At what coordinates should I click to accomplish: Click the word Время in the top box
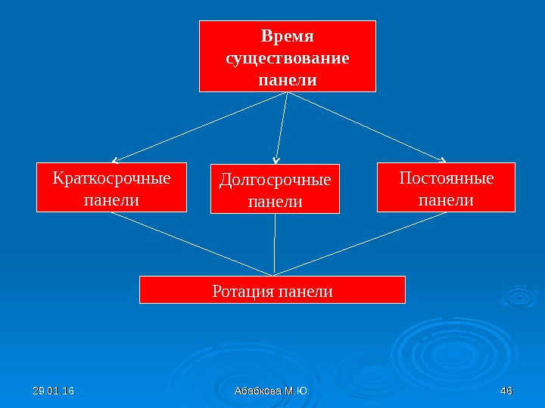coord(287,36)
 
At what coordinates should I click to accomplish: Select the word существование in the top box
coord(288,57)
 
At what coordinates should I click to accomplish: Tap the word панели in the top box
coord(288,79)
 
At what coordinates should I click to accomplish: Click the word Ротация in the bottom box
coord(243,290)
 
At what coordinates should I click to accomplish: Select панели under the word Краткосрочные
coord(111,200)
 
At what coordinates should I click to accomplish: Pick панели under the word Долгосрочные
coord(275,202)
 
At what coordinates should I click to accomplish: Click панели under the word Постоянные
coord(446,200)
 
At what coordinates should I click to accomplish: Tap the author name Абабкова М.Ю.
coord(272,391)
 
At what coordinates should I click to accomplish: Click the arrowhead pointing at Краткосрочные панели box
coord(114,160)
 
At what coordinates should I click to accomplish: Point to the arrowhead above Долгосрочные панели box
coord(276,160)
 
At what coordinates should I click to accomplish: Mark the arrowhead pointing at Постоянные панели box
coord(444,159)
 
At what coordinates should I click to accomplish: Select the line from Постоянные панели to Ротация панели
coord(360,243)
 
